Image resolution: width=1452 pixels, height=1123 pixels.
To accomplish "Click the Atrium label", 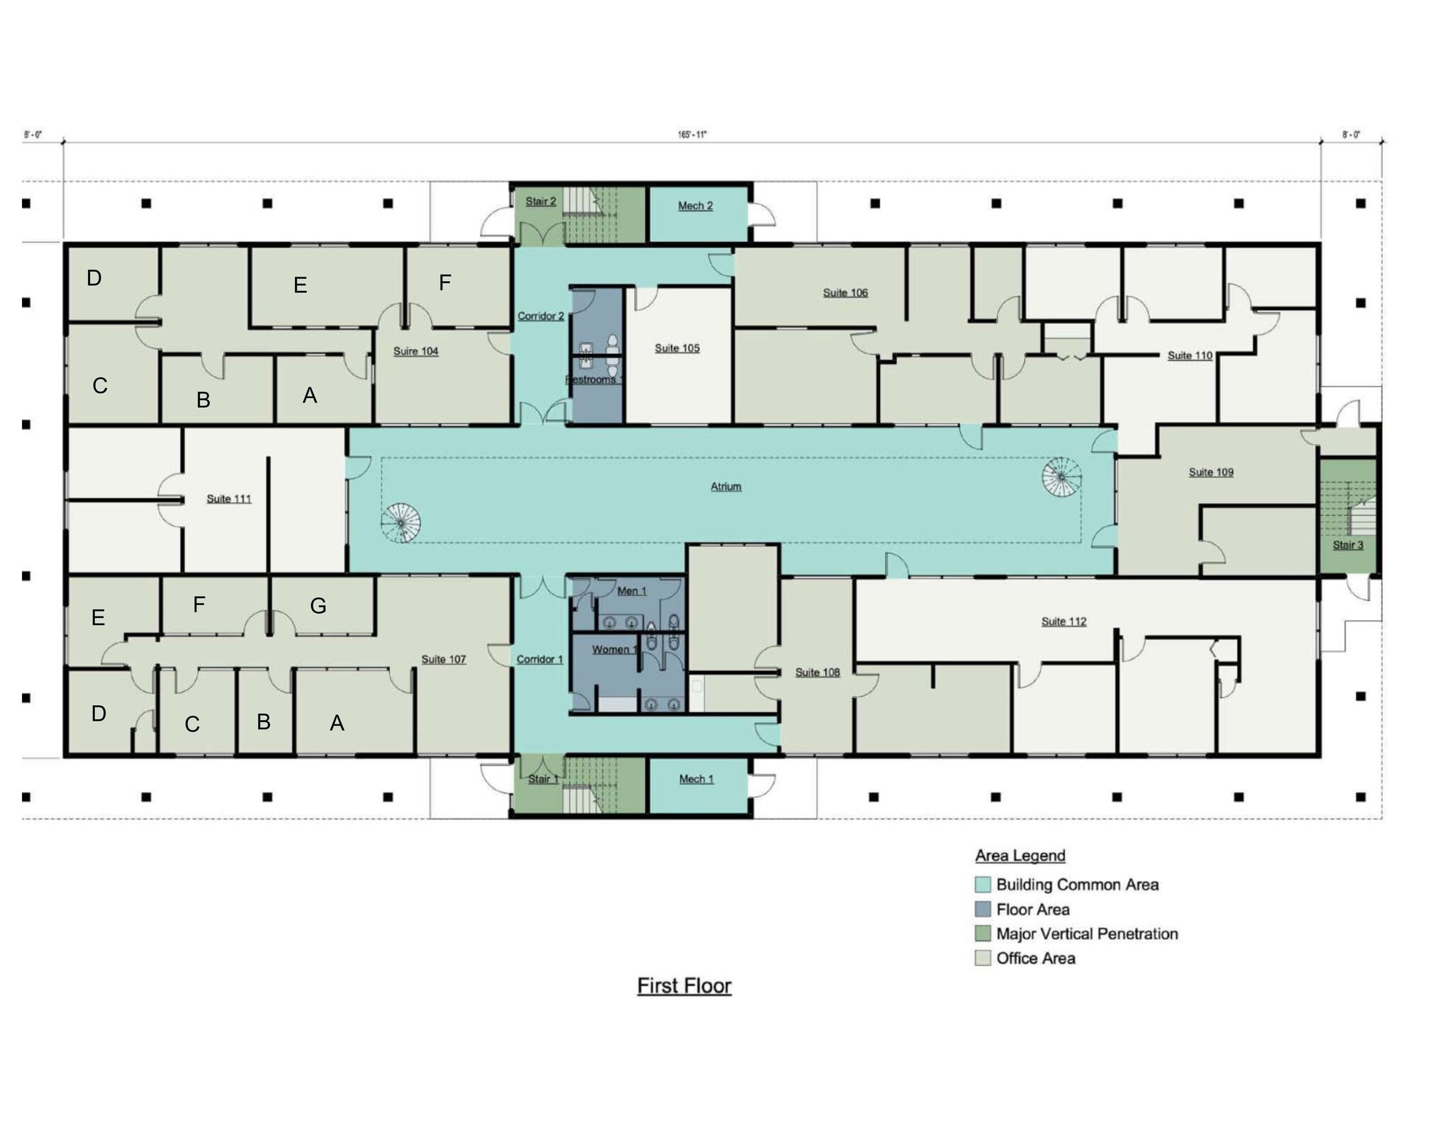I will (x=725, y=487).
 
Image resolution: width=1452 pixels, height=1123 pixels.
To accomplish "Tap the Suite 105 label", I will (x=676, y=348).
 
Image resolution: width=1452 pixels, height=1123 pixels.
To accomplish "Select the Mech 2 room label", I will (x=695, y=206).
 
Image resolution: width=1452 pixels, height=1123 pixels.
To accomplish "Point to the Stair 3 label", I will (x=1347, y=545).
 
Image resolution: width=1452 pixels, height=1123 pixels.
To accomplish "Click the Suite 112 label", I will (x=1063, y=621).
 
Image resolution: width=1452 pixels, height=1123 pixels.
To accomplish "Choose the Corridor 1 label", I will (x=540, y=659).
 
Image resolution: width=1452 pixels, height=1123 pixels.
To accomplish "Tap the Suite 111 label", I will (x=229, y=499).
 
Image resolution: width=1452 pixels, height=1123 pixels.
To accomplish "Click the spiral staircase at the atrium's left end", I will (x=401, y=524).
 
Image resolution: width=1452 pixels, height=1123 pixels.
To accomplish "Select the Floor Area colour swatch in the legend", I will (x=983, y=909).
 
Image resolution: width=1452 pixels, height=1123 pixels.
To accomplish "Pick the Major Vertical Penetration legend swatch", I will (x=983, y=934).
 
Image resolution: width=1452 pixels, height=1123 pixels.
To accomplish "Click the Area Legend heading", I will (x=1020, y=856).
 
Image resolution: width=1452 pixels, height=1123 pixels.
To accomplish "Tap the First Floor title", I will (x=683, y=986).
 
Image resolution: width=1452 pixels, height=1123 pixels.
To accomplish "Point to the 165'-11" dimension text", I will (x=692, y=135).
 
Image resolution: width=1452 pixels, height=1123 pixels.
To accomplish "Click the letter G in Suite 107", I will (x=318, y=606).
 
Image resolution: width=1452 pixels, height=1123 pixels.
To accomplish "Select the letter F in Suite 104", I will (x=445, y=283).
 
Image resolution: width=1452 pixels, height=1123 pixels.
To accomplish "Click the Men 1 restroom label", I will (x=631, y=591).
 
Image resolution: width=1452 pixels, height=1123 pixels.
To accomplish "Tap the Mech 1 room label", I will (x=696, y=779).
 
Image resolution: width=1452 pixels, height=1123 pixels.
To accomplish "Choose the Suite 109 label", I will (x=1211, y=472).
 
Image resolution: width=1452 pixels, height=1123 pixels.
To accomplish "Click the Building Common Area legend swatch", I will (x=983, y=885).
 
